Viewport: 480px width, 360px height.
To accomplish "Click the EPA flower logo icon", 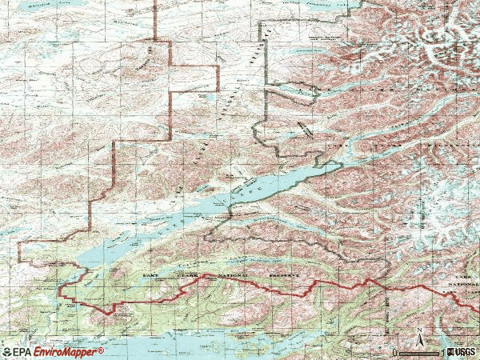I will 7,352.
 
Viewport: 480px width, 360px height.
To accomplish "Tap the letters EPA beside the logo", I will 23,352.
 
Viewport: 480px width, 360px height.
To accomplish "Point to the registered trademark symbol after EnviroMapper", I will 102,350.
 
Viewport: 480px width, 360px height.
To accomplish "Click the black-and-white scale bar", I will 420,352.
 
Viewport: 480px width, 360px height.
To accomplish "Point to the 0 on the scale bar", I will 395,352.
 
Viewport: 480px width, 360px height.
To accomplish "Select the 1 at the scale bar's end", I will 444,352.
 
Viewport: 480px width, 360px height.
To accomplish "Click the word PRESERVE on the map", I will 282,275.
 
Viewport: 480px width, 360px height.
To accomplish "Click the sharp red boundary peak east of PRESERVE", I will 369,280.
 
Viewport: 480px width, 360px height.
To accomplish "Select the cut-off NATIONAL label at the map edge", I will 469,282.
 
